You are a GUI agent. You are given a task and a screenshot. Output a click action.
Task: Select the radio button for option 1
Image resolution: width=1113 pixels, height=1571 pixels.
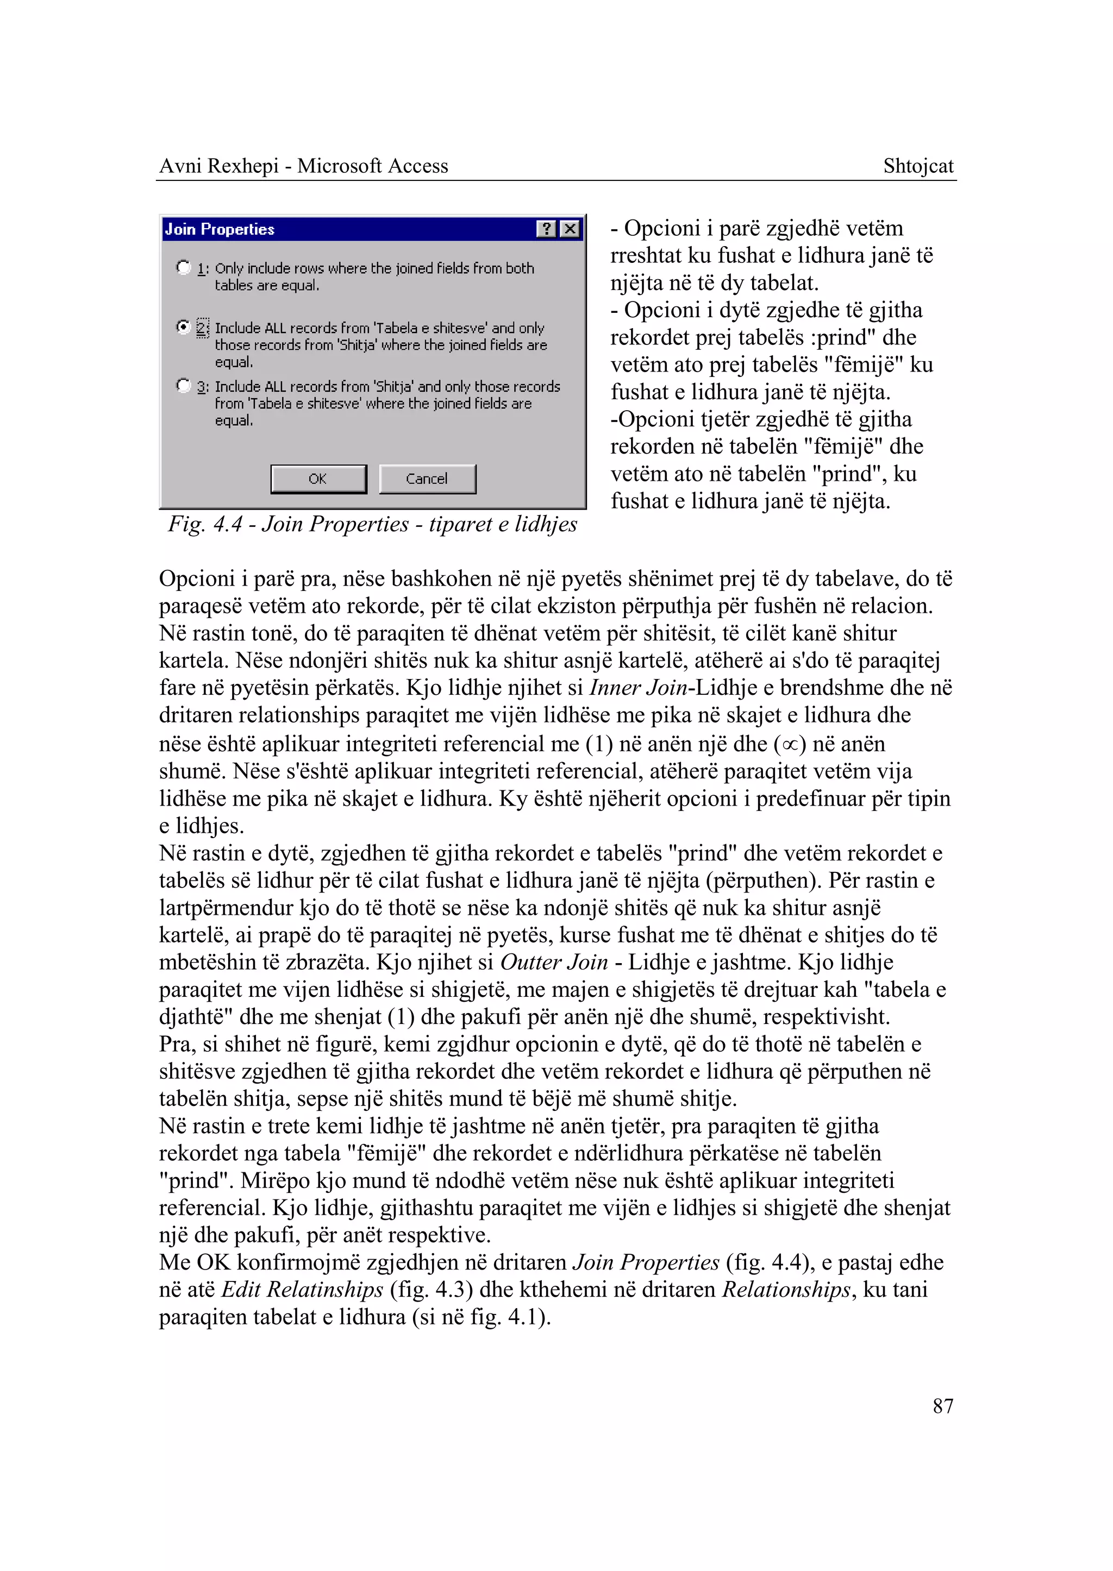(x=183, y=267)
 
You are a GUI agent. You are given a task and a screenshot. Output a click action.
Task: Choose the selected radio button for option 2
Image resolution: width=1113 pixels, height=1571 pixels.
(x=183, y=327)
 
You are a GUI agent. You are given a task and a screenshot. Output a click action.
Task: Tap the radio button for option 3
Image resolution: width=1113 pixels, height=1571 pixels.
(x=183, y=386)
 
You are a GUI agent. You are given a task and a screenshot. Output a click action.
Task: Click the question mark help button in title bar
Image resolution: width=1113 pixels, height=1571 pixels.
(x=546, y=229)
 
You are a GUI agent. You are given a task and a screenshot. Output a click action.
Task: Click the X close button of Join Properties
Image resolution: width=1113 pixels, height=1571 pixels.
(x=570, y=229)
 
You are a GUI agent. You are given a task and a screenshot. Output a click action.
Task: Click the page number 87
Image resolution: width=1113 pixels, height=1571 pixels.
(x=942, y=1406)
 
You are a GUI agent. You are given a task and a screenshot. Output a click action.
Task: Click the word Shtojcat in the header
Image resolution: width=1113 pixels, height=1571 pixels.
(x=918, y=166)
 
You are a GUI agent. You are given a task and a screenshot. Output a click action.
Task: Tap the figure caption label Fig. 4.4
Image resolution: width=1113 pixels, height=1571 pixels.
(x=205, y=524)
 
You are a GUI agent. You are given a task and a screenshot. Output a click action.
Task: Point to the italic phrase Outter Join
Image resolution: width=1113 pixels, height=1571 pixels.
(x=554, y=962)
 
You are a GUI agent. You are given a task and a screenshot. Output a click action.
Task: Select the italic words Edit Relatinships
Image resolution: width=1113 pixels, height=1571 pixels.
(x=302, y=1290)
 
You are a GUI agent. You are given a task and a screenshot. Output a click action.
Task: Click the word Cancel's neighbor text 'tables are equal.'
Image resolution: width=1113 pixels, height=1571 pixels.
(x=267, y=285)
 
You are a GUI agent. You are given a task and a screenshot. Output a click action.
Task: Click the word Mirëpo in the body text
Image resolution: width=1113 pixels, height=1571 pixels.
(x=274, y=1180)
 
